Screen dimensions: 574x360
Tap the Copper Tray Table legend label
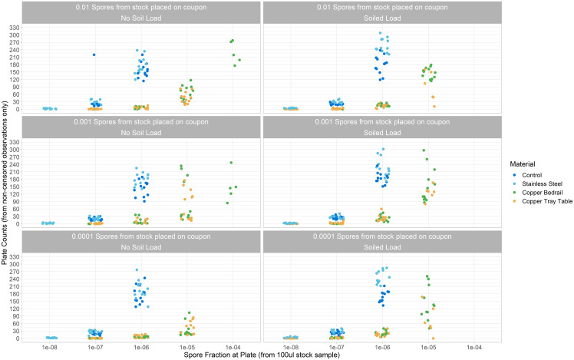[547, 201]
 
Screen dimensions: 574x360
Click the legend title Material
[523, 164]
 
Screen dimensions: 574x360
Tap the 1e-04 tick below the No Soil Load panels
[233, 347]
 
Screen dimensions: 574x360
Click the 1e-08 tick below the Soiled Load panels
[291, 347]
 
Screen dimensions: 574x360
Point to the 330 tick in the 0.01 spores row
[15, 28]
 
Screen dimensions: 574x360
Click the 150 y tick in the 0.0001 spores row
[15, 302]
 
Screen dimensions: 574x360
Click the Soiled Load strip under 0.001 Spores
[382, 133]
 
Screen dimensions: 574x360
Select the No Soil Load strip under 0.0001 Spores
[141, 248]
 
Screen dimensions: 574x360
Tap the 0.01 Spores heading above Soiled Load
[382, 8]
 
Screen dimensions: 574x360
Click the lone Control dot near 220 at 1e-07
[94, 55]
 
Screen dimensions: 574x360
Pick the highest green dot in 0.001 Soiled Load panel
[424, 150]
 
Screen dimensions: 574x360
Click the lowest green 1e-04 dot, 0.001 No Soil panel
[227, 203]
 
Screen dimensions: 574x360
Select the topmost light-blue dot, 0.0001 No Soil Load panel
[137, 270]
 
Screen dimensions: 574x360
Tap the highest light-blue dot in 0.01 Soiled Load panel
[380, 33]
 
